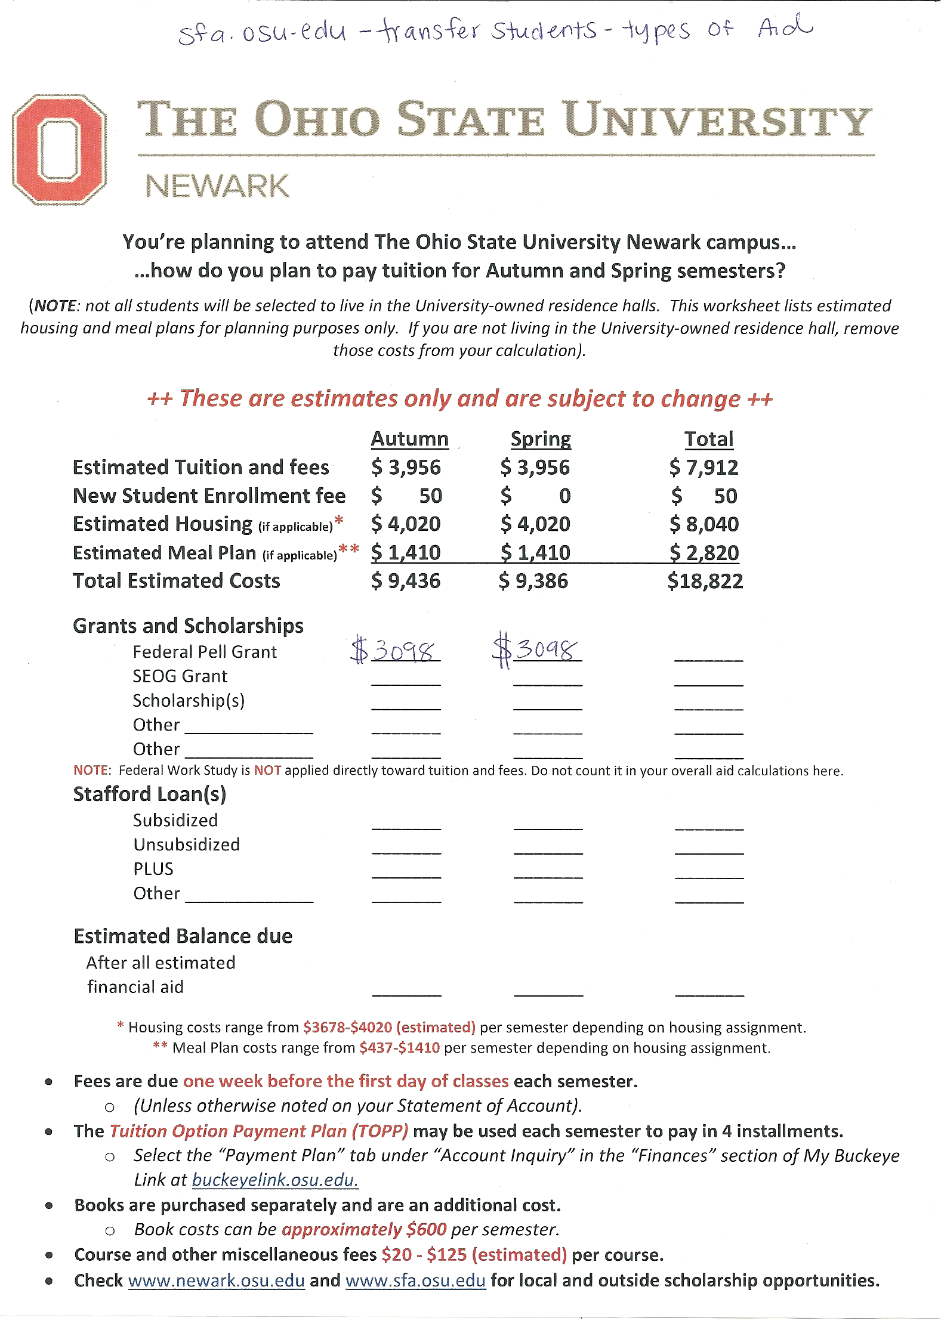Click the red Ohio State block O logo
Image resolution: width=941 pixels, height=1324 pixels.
[x=60, y=149]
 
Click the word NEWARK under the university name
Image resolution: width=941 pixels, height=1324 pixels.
[x=217, y=186]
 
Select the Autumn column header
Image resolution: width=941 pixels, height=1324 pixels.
[x=409, y=439]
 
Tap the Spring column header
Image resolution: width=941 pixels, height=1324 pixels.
[x=541, y=439]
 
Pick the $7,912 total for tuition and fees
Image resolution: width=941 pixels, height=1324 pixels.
[x=704, y=468]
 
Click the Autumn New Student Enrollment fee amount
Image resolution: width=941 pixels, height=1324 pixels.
[x=406, y=496]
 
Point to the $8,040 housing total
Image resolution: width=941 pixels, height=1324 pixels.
[x=704, y=524]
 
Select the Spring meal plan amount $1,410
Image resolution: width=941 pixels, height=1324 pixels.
[x=535, y=553]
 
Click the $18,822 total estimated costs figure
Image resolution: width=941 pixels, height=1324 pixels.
[x=705, y=581]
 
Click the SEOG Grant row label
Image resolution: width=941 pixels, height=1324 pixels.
[x=180, y=676]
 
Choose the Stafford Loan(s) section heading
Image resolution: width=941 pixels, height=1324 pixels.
[x=150, y=794]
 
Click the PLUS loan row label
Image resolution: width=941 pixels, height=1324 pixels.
[x=153, y=869]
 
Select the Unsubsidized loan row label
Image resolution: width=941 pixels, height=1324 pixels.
[x=186, y=844]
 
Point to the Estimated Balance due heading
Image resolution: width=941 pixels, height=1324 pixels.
[x=183, y=936]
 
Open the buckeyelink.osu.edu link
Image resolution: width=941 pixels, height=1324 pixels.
[x=275, y=1180]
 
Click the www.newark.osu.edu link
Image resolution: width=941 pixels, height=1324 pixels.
[x=217, y=1280]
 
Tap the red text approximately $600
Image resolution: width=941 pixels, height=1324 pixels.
[x=364, y=1230]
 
